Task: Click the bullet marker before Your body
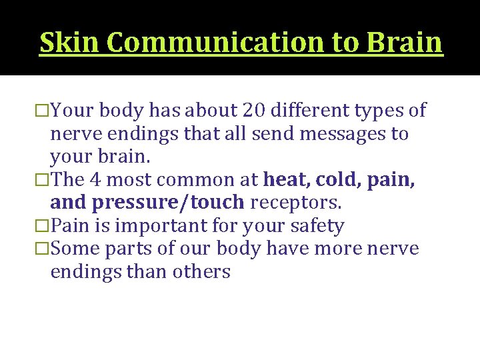pyautogui.click(x=44, y=111)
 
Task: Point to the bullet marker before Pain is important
pyautogui.click(x=44, y=226)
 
